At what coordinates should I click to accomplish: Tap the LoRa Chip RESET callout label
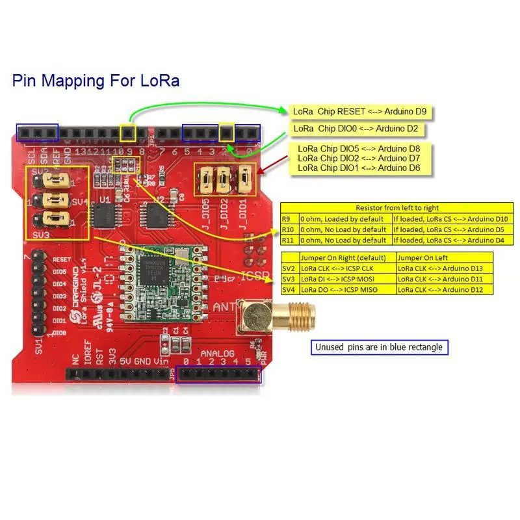(x=361, y=111)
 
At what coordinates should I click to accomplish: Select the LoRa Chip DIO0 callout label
(x=357, y=129)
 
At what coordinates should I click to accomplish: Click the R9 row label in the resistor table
(x=288, y=220)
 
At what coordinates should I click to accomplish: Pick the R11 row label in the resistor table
(x=289, y=240)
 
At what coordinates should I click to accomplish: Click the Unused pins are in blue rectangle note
(x=379, y=347)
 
